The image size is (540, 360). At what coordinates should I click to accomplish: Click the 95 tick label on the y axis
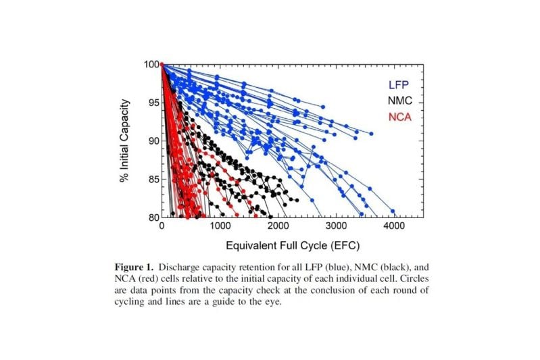(153, 103)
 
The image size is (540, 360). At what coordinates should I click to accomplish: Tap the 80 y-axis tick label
(153, 217)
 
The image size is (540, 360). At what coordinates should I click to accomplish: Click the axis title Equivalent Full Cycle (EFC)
(279, 244)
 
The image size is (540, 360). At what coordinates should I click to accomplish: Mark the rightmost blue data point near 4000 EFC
(393, 211)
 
